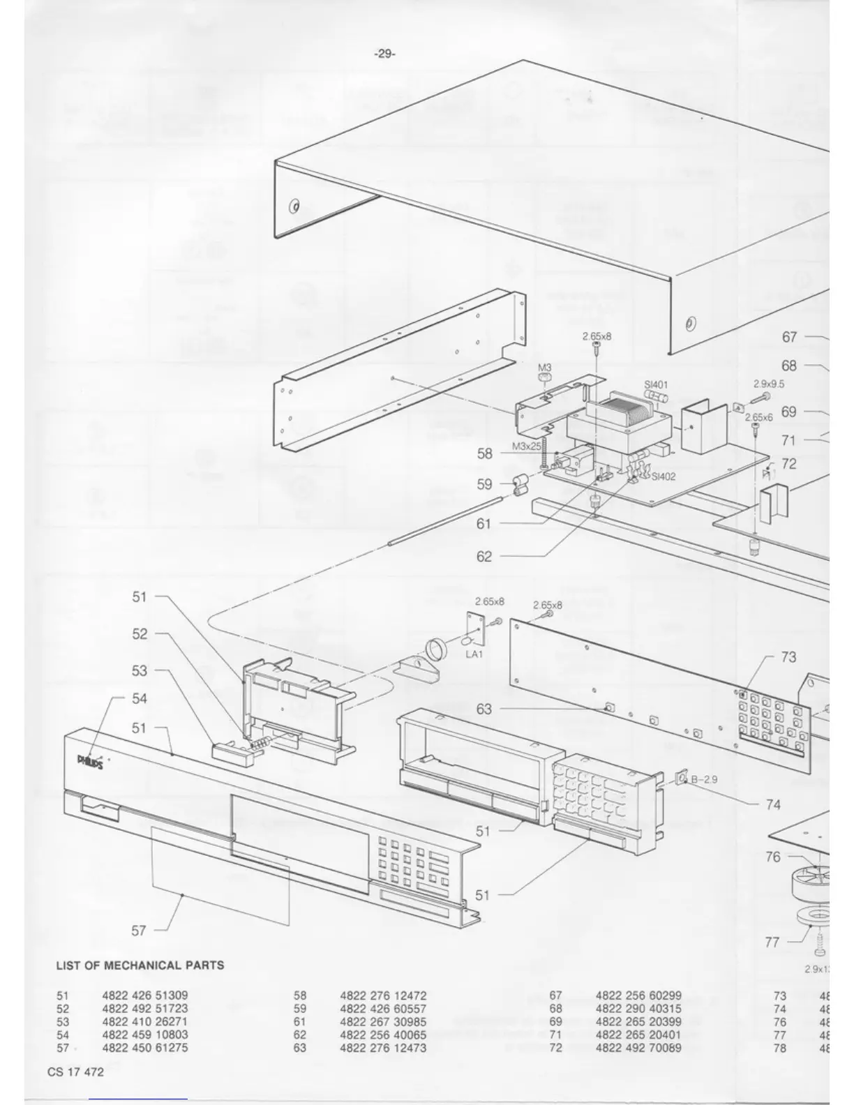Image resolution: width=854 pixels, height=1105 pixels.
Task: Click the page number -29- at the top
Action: pos(384,54)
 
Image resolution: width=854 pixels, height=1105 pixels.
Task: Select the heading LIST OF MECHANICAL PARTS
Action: pos(140,965)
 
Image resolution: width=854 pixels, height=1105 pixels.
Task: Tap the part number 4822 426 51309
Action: pos(144,995)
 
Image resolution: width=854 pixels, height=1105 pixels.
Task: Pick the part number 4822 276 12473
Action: pos(382,1048)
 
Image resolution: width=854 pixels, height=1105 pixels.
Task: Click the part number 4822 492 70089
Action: pos(638,1048)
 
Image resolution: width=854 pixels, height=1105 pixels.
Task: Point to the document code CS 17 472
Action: pos(75,1072)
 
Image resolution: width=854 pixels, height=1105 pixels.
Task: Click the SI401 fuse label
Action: pos(656,384)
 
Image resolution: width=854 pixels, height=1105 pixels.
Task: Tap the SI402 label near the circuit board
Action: pos(664,477)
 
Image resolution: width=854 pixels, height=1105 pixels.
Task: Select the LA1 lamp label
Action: pos(474,654)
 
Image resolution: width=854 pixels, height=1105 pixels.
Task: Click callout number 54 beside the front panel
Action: pos(140,698)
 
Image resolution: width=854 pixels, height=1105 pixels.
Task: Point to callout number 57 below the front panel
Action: pos(139,930)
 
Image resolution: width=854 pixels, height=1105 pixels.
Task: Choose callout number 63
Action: pos(484,709)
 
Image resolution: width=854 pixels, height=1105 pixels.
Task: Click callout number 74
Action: pos(773,804)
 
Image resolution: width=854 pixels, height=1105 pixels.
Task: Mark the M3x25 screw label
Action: pos(527,446)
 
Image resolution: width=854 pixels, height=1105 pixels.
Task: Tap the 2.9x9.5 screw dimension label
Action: pos(769,384)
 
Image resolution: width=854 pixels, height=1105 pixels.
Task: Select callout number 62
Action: pos(484,556)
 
